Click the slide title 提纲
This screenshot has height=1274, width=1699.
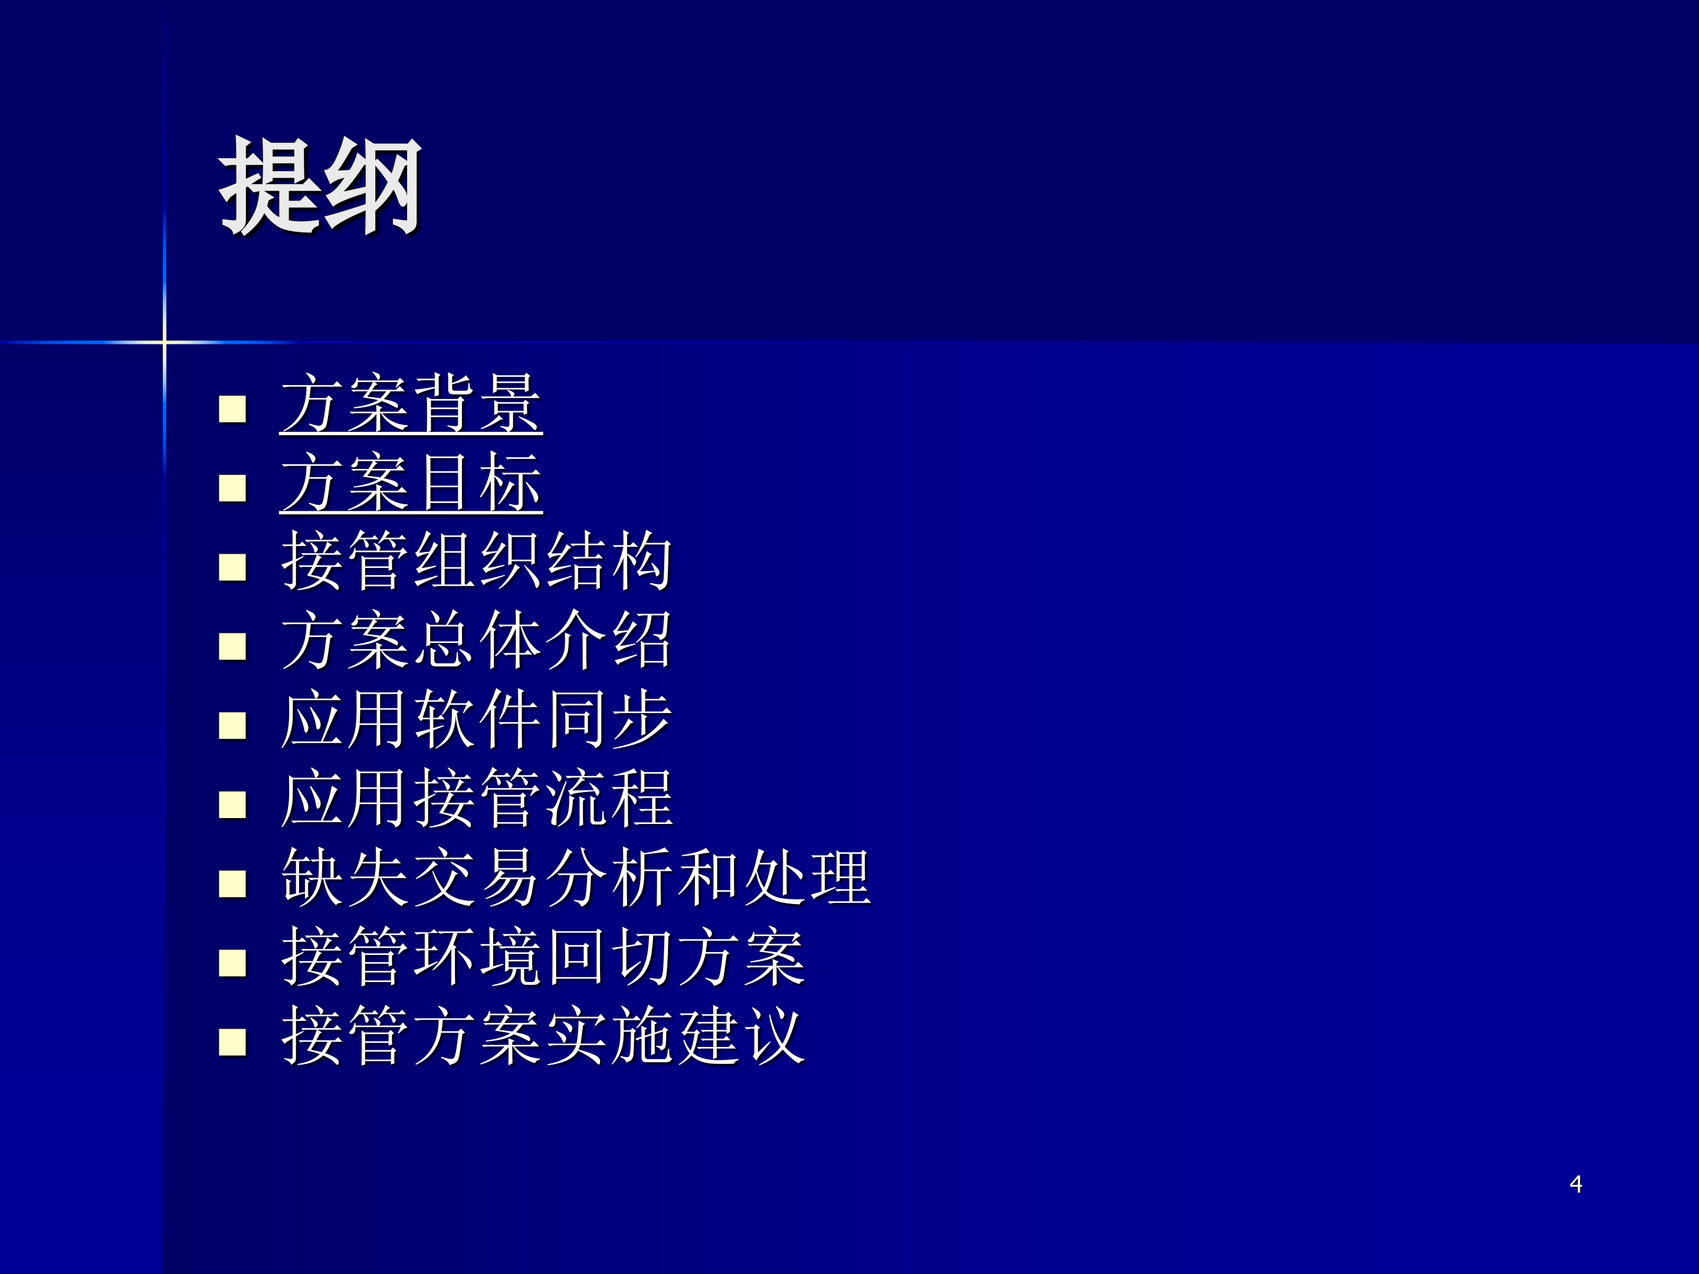320,186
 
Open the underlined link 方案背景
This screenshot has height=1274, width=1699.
411,404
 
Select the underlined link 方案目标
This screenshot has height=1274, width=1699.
411,483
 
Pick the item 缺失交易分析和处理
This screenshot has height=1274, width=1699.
576,878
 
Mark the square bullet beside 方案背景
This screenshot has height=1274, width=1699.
232,409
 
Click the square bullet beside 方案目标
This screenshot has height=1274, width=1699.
232,488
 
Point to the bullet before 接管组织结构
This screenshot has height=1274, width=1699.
232,567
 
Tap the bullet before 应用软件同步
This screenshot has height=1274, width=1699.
232,725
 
